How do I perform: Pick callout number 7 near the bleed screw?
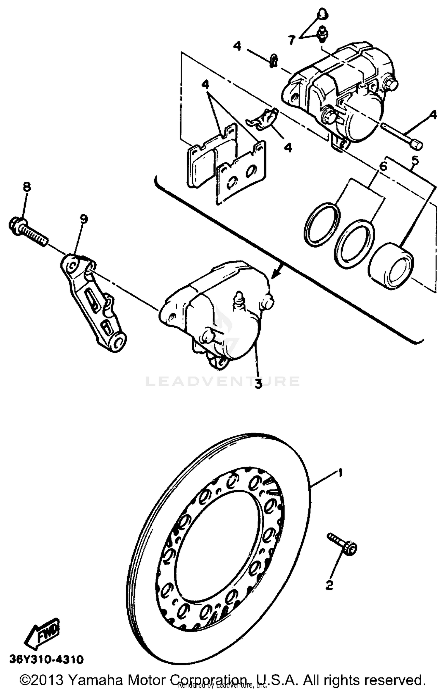[x=292, y=40]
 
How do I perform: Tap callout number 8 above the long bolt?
[x=26, y=187]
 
